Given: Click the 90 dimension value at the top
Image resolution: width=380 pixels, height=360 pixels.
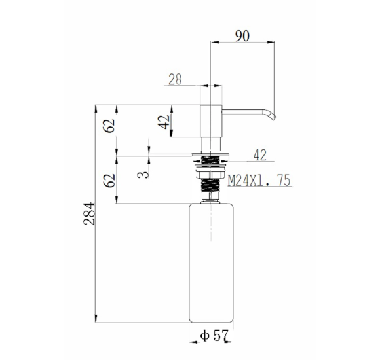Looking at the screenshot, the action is coord(242,36).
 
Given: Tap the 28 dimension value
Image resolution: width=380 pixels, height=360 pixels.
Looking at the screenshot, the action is coord(175,79).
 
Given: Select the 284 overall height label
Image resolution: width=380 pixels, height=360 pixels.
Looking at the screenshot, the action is coord(89,213).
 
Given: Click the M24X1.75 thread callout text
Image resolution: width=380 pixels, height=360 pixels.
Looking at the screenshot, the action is coord(259,181).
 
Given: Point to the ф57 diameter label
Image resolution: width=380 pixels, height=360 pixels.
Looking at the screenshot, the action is coord(214,336).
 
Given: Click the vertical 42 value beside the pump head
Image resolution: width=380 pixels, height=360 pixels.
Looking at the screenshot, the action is coord(164,122).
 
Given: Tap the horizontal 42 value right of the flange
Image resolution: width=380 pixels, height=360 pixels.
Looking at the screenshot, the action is coord(260,155).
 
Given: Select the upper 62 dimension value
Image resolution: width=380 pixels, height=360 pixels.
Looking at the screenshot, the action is coord(109,126).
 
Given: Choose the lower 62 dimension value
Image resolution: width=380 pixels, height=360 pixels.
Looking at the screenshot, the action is coord(109,181).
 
